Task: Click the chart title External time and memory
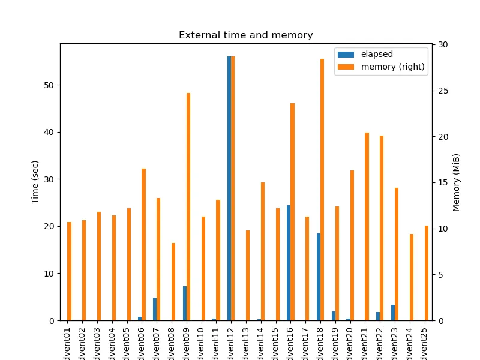click(245, 35)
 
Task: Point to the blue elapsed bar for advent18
click(319, 277)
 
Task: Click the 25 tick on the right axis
click(442, 91)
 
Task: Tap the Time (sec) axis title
click(35, 182)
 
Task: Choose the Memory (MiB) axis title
click(457, 182)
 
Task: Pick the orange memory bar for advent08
click(173, 281)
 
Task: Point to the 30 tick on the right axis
click(442, 45)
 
